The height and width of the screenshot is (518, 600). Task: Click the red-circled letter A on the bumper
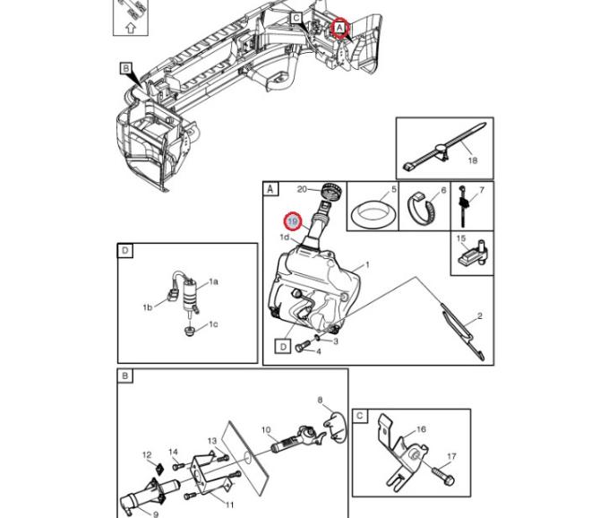pyautogui.click(x=339, y=28)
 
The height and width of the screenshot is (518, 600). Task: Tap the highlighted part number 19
pyautogui.click(x=292, y=220)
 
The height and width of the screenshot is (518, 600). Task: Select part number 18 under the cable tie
pyautogui.click(x=472, y=161)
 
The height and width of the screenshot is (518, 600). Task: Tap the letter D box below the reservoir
pyautogui.click(x=281, y=345)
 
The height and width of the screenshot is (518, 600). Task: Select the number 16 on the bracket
pyautogui.click(x=421, y=430)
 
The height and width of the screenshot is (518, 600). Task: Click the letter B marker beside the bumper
pyautogui.click(x=126, y=68)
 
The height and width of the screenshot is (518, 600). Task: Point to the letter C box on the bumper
pyautogui.click(x=296, y=19)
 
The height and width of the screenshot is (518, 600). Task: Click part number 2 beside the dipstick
pyautogui.click(x=479, y=316)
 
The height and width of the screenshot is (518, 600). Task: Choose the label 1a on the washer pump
pyautogui.click(x=213, y=281)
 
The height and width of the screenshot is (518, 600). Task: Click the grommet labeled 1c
pyautogui.click(x=190, y=332)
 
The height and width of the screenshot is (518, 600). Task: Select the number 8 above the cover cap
pyautogui.click(x=320, y=400)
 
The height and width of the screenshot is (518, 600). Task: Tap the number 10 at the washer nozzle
pyautogui.click(x=266, y=431)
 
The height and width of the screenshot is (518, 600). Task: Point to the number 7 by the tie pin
pyautogui.click(x=481, y=190)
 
